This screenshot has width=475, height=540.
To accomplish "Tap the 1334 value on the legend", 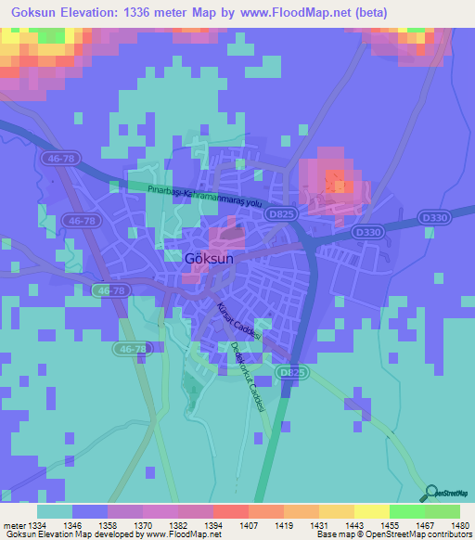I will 38,525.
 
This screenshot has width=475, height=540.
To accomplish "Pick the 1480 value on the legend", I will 446,525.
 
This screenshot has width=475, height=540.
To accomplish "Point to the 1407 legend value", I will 229,525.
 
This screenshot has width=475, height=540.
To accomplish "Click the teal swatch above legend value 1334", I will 55,511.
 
